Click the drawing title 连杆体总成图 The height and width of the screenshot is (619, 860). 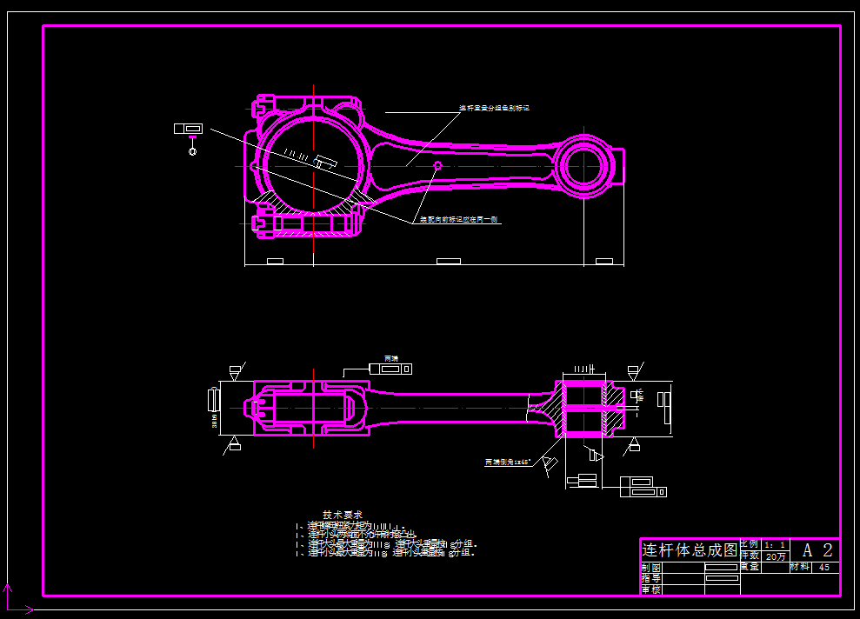pyautogui.click(x=689, y=550)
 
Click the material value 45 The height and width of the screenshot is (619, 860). pyautogui.click(x=824, y=567)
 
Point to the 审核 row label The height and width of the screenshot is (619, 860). pyautogui.click(x=651, y=589)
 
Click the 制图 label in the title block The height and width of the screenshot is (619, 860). pyautogui.click(x=651, y=567)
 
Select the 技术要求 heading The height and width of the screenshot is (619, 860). pyautogui.click(x=343, y=515)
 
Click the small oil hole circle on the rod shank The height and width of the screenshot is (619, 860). pyautogui.click(x=437, y=165)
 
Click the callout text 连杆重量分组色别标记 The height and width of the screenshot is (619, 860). pyautogui.click(x=494, y=109)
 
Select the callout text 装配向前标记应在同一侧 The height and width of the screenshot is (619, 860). pyautogui.click(x=459, y=220)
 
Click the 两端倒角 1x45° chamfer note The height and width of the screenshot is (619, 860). pyautogui.click(x=507, y=463)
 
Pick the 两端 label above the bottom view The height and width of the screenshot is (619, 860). pyautogui.click(x=390, y=357)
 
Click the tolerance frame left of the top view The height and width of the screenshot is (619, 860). pyautogui.click(x=188, y=129)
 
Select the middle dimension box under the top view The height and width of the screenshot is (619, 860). pyautogui.click(x=448, y=261)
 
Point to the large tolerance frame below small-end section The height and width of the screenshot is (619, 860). pyautogui.click(x=643, y=487)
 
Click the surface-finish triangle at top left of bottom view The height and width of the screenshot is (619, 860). pyautogui.click(x=235, y=371)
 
